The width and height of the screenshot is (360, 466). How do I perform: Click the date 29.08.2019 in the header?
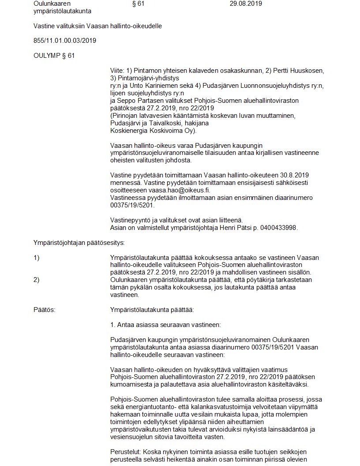pyautogui.click(x=246, y=4)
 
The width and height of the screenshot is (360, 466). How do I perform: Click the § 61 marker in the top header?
pyautogui.click(x=138, y=4)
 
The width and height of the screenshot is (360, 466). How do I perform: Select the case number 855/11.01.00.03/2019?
pyautogui.click(x=65, y=41)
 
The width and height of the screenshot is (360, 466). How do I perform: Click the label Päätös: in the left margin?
pyautogui.click(x=45, y=310)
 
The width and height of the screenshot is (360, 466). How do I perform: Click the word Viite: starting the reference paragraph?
pyautogui.click(x=117, y=71)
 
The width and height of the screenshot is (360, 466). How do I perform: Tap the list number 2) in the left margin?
pyautogui.click(x=37, y=280)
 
